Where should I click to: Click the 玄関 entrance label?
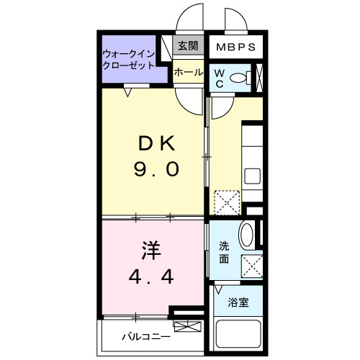[x=188, y=45]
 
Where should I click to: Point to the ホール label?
[x=188, y=72]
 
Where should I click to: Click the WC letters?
[x=218, y=78]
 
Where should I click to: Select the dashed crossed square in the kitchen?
[x=228, y=202]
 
